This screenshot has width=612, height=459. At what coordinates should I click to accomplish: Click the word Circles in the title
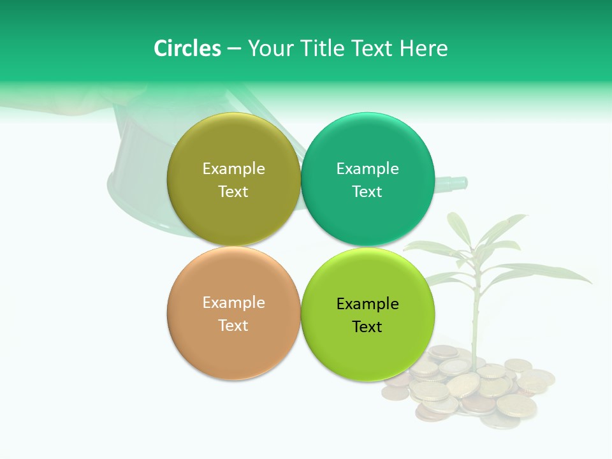pyautogui.click(x=187, y=48)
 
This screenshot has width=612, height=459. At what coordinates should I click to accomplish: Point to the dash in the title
pyautogui.click(x=234, y=49)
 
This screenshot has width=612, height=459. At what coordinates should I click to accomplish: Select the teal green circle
pyautogui.click(x=368, y=217)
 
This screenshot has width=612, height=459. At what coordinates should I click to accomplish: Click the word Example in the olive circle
pyautogui.click(x=233, y=169)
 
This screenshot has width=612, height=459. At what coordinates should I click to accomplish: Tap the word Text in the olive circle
pyautogui.click(x=233, y=192)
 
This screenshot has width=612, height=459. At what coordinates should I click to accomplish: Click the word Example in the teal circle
pyautogui.click(x=367, y=169)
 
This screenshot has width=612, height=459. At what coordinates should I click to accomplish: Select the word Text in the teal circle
pyautogui.click(x=367, y=192)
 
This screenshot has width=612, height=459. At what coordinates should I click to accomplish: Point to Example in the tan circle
pyautogui.click(x=233, y=303)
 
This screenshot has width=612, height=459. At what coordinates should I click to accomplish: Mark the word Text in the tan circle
pyautogui.click(x=233, y=326)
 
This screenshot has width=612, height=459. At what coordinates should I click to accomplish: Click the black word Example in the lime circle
pyautogui.click(x=367, y=304)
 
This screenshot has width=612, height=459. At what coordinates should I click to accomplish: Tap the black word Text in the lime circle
pyautogui.click(x=367, y=327)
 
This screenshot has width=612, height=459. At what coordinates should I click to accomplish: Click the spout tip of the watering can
pyautogui.click(x=462, y=183)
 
